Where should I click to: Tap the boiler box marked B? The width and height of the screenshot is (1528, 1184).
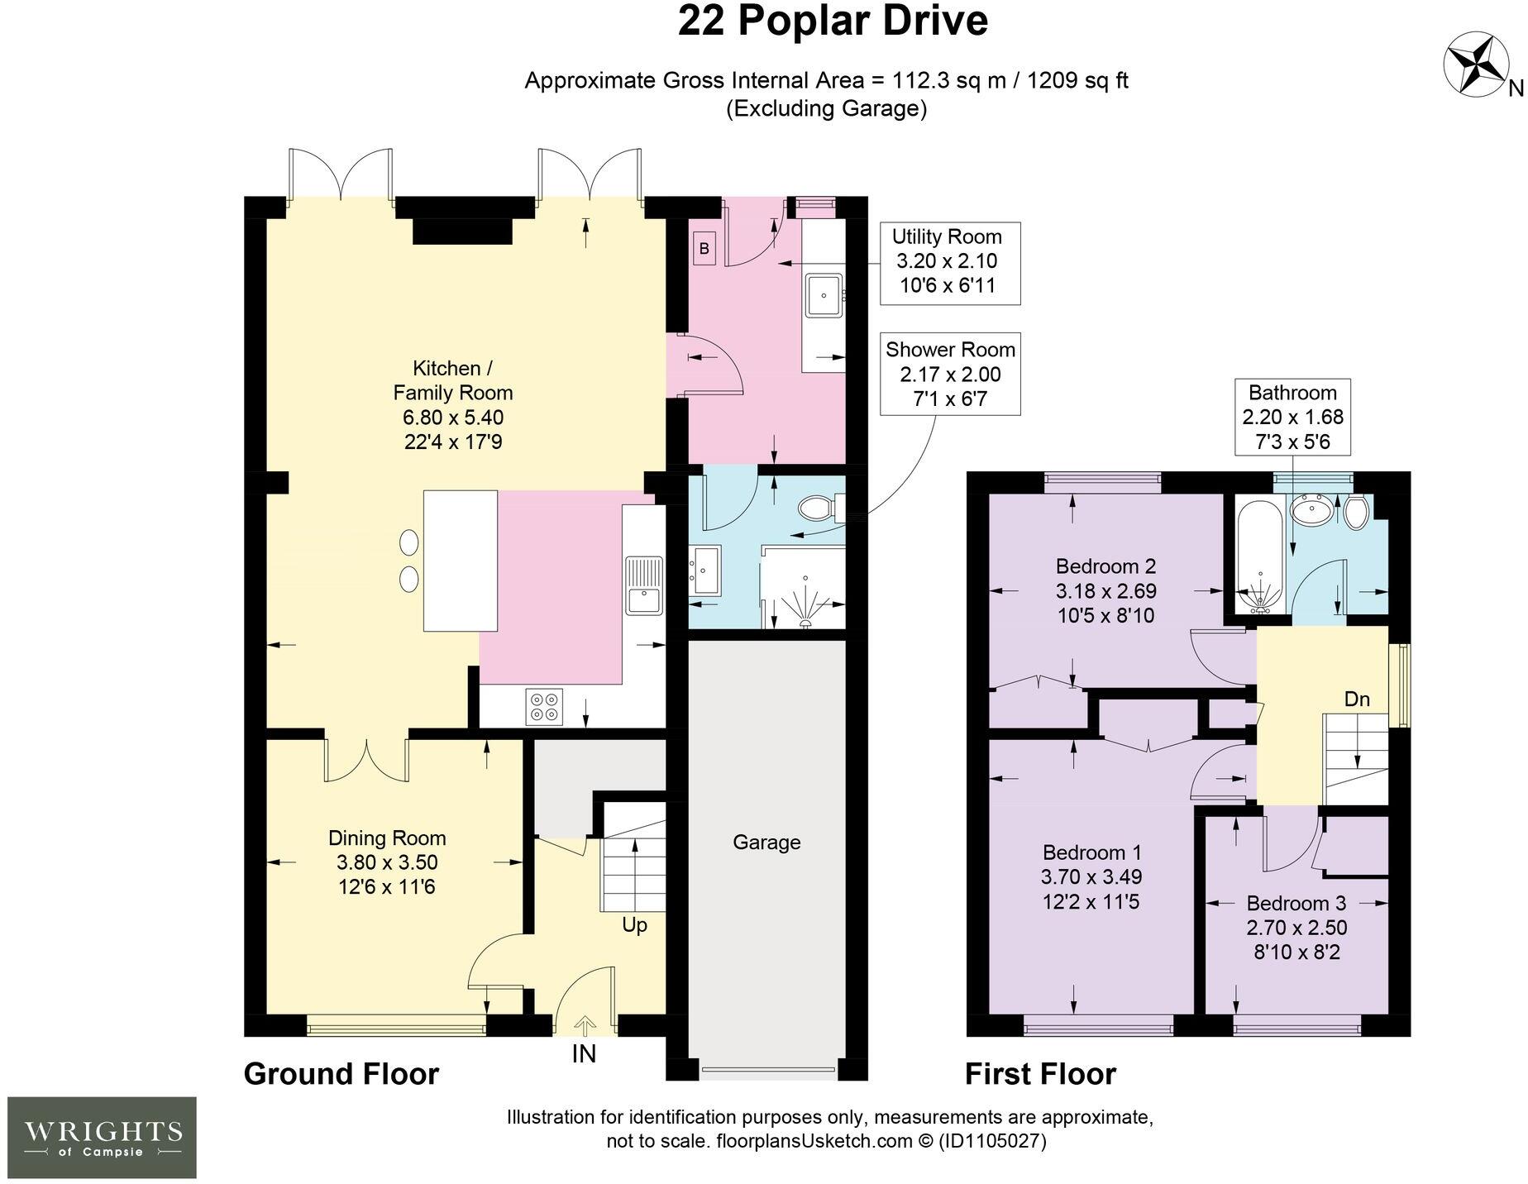[x=704, y=248]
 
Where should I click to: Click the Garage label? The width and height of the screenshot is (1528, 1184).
[x=766, y=843]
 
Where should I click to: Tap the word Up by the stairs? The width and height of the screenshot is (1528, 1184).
[x=634, y=925]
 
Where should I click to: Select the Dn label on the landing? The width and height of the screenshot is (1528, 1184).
[x=1357, y=699]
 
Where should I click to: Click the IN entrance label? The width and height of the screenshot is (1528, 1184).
[x=584, y=1054]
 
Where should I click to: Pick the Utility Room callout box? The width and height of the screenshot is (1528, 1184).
[x=947, y=262]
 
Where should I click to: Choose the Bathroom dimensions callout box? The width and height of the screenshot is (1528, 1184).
[x=1293, y=417]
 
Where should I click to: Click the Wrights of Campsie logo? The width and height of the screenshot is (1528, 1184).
[x=102, y=1138]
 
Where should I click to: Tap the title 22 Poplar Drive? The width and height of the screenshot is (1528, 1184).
[x=833, y=21]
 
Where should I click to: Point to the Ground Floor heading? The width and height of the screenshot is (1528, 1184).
[x=341, y=1074]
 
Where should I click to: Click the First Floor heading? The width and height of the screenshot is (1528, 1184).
[x=1040, y=1074]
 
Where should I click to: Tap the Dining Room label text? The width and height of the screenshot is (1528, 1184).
[x=387, y=838]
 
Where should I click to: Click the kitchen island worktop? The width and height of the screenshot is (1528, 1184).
[x=461, y=561]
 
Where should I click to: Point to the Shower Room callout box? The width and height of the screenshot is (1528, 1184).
[x=950, y=375]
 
